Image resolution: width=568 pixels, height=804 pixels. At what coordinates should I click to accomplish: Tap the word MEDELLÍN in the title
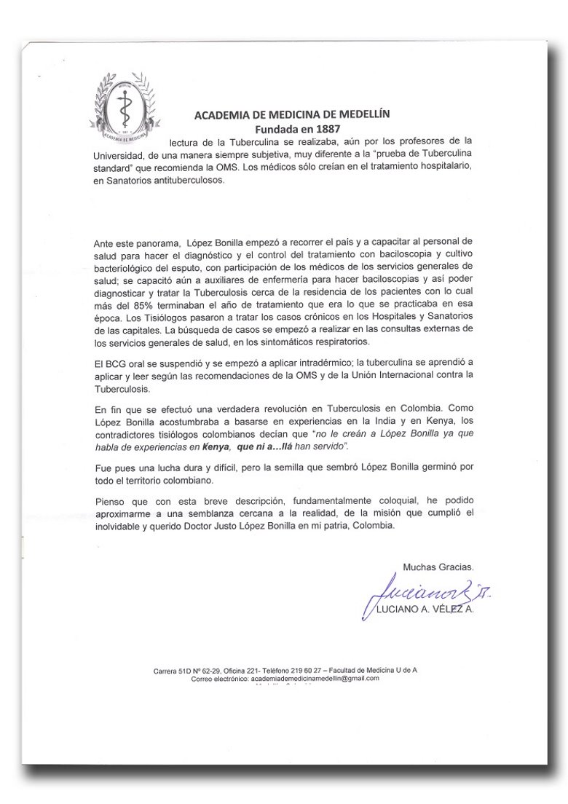coord(362,114)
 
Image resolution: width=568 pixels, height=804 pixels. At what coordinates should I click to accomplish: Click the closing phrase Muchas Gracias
coord(438,566)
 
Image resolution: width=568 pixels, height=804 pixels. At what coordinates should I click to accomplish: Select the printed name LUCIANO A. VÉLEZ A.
coord(423,610)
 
